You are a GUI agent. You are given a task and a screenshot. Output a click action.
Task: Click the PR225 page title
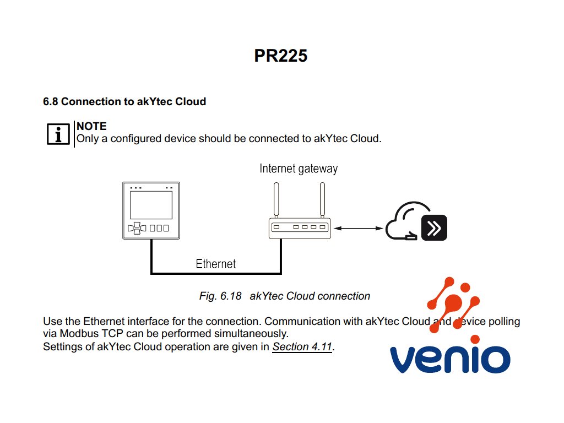pos(281,56)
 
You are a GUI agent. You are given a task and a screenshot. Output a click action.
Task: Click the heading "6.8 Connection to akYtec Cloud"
pos(124,101)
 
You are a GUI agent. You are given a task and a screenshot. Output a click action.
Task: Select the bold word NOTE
pos(91,127)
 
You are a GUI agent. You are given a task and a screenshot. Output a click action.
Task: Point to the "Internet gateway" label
pos(299,169)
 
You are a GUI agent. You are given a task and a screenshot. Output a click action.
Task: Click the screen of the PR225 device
pos(151,205)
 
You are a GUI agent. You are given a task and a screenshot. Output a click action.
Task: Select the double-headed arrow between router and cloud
pos(358,228)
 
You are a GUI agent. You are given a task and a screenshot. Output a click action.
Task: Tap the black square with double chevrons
pos(434,227)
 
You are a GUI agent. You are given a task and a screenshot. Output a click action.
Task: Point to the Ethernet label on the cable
pos(216,264)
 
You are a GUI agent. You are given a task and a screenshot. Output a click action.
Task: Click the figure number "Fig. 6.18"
pos(220,296)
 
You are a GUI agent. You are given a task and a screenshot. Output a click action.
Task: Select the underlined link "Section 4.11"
pos(302,347)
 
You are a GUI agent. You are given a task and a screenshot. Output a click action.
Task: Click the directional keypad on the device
pos(135,228)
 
